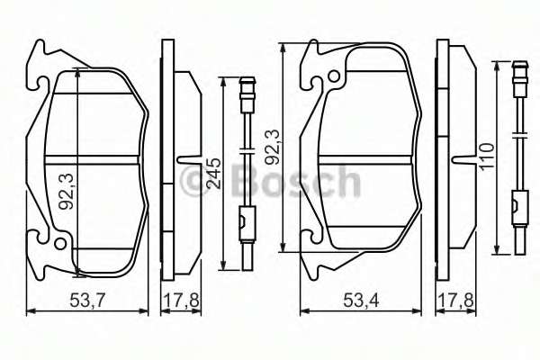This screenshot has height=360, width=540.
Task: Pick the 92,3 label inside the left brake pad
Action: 66,192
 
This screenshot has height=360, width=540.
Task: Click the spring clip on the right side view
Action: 462,162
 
